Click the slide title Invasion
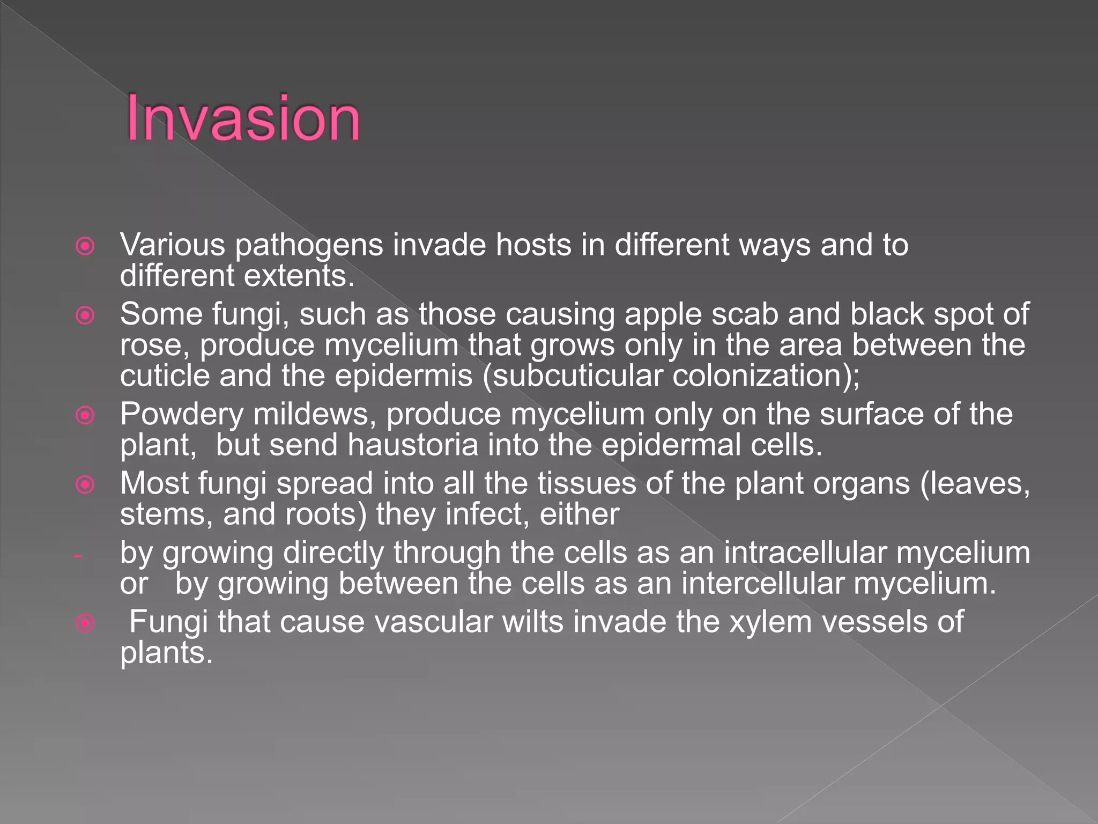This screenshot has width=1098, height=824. tap(243, 118)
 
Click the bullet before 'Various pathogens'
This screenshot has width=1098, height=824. tap(85, 246)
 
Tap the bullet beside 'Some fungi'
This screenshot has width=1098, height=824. tap(85, 315)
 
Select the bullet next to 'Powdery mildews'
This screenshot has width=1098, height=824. tap(85, 415)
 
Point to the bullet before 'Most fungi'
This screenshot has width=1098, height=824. tap(85, 484)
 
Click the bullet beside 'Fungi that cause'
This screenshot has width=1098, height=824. tap(85, 623)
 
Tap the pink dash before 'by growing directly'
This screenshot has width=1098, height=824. tap(78, 556)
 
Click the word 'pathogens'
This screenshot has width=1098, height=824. tap(309, 246)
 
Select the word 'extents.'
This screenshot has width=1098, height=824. tap(299, 276)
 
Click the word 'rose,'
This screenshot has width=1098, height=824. tap(155, 345)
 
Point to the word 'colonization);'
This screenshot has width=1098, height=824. tap(766, 376)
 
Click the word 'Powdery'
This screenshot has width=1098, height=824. tap(182, 415)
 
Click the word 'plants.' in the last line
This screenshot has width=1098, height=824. tap(166, 653)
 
